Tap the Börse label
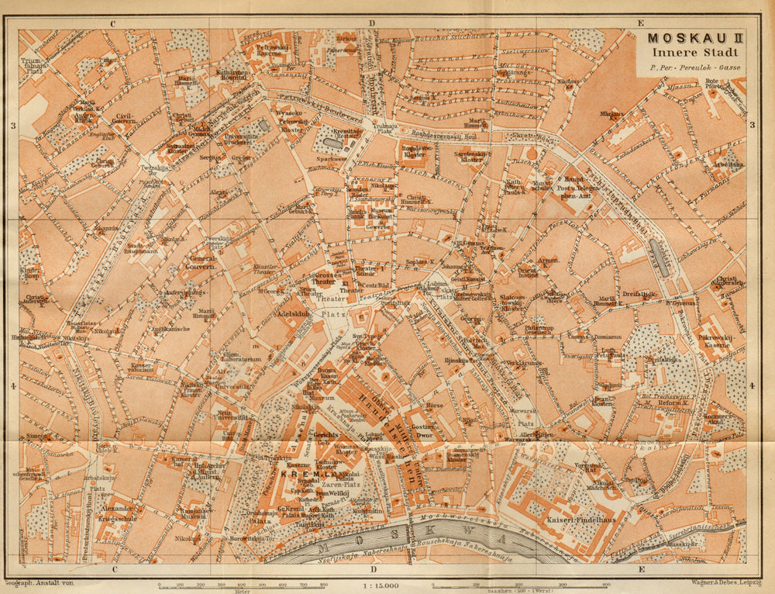point(435,405)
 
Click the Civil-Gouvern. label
point(123,117)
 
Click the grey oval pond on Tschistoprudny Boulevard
point(660,257)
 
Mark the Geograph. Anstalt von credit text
point(39,582)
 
